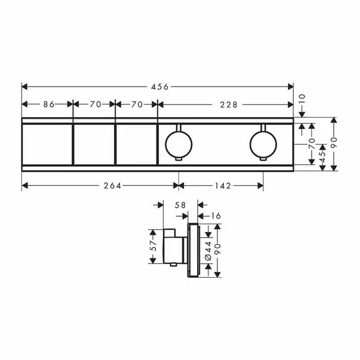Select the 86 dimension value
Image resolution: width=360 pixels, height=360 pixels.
tap(49, 104)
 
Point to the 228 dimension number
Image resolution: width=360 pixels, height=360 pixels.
tap(227, 104)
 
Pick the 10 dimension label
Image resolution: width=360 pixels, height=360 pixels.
tap(301, 97)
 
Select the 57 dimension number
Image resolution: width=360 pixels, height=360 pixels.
tap(152, 245)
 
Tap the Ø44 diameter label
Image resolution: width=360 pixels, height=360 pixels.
tap(207, 251)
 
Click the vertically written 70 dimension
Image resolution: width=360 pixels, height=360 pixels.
tap(310, 144)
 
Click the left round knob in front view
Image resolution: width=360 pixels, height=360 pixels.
tap(178, 143)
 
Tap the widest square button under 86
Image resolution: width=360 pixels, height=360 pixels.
tap(47, 144)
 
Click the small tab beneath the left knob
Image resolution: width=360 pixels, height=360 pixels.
tap(178, 159)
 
